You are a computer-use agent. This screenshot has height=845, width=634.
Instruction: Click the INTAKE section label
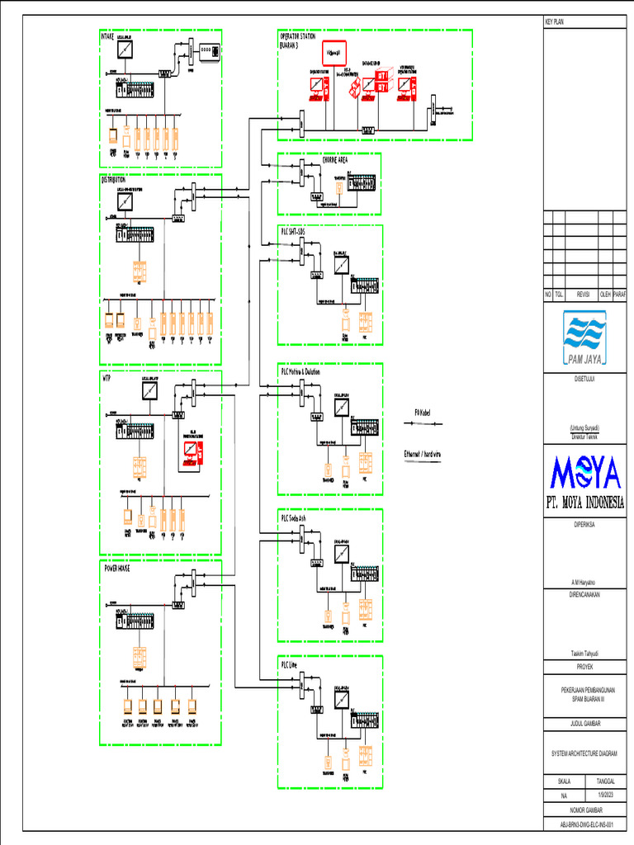tap(109, 36)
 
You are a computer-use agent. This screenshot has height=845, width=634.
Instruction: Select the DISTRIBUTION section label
tap(114, 179)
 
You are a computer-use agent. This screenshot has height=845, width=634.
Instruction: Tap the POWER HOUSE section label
tap(116, 569)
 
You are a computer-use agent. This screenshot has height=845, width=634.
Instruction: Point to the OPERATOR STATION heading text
tap(298, 37)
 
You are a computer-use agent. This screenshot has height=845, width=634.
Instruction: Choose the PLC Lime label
tap(290, 663)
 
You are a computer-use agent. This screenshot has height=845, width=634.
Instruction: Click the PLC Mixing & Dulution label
tap(300, 372)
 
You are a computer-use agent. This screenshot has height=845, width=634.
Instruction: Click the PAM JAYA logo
tap(584, 338)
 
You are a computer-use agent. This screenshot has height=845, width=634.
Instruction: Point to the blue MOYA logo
tap(584, 474)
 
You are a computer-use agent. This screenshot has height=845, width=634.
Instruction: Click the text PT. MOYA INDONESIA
tap(584, 503)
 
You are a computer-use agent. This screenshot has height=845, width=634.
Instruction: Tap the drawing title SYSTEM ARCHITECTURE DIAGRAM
tap(584, 753)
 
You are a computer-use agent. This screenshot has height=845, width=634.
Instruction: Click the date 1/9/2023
tap(605, 795)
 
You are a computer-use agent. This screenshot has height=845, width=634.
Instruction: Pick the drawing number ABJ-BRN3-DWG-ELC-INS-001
tap(584, 824)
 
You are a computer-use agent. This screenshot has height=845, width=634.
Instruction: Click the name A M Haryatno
tap(584, 581)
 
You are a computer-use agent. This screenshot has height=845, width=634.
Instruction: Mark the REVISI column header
tap(582, 294)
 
